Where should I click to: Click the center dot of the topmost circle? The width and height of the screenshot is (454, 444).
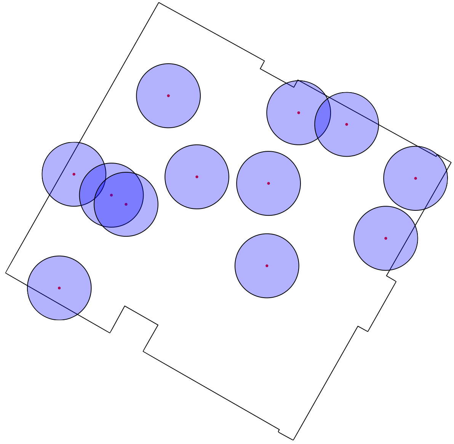coord(168,96)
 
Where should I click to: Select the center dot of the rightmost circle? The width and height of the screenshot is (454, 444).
coord(416,178)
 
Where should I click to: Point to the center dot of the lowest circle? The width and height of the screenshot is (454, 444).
coord(59,288)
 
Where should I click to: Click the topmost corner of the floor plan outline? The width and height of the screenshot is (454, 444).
coord(158,3)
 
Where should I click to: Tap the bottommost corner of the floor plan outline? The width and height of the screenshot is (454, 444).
coord(293,440)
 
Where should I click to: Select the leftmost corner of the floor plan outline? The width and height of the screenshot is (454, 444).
coord(6,273)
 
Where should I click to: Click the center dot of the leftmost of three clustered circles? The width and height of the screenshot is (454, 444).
coord(74,174)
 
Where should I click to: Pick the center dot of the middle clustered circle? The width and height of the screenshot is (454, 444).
coord(111,195)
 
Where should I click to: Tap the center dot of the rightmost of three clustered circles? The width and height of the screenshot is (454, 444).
coord(126,204)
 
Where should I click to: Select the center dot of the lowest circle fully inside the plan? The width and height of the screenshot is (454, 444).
coord(267,266)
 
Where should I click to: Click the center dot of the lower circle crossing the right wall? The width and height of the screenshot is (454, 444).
coord(385,238)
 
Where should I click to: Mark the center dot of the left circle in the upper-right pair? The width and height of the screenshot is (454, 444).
coord(299,113)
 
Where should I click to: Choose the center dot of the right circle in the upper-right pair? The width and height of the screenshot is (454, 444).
coord(347,124)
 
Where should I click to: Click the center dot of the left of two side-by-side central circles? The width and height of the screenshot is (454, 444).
coord(197,177)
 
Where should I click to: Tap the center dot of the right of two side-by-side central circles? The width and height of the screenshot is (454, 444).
coord(269,183)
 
